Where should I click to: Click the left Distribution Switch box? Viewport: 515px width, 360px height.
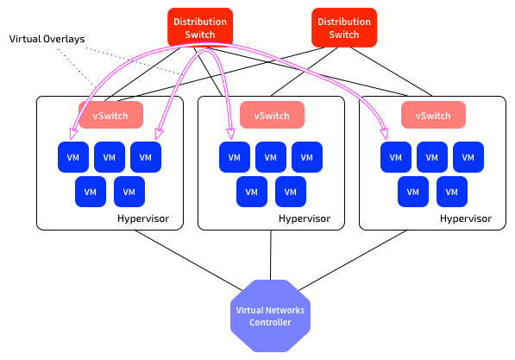click(x=200, y=28)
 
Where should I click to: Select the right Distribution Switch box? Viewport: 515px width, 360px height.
click(x=344, y=28)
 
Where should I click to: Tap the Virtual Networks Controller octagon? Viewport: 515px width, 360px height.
click(x=270, y=316)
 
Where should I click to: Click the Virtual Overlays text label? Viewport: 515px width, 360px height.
click(x=47, y=39)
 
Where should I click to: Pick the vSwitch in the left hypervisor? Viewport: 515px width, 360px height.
click(x=110, y=115)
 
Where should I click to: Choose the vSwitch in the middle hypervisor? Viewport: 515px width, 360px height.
click(x=272, y=115)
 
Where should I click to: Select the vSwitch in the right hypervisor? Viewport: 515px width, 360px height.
click(x=433, y=115)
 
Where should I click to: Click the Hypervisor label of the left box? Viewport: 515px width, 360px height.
click(x=143, y=219)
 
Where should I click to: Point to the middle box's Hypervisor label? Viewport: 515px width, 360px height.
click(x=305, y=219)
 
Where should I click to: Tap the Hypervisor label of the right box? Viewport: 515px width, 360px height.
click(x=466, y=219)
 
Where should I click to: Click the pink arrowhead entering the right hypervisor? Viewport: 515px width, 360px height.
click(x=384, y=134)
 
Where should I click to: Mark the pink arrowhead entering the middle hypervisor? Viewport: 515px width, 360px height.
click(x=231, y=134)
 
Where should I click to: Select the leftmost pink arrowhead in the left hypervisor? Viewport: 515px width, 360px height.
click(x=73, y=134)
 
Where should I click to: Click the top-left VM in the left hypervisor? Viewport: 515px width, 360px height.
click(x=73, y=157)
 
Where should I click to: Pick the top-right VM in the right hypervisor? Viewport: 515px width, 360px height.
click(x=468, y=157)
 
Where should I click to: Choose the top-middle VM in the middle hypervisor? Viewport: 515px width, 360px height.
click(x=271, y=157)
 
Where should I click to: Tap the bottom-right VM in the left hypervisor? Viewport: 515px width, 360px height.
click(x=129, y=192)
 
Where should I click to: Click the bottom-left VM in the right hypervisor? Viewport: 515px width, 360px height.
click(x=413, y=192)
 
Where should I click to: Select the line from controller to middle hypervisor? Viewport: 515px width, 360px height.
click(x=271, y=256)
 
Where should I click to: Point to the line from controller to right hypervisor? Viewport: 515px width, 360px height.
click(x=353, y=261)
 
